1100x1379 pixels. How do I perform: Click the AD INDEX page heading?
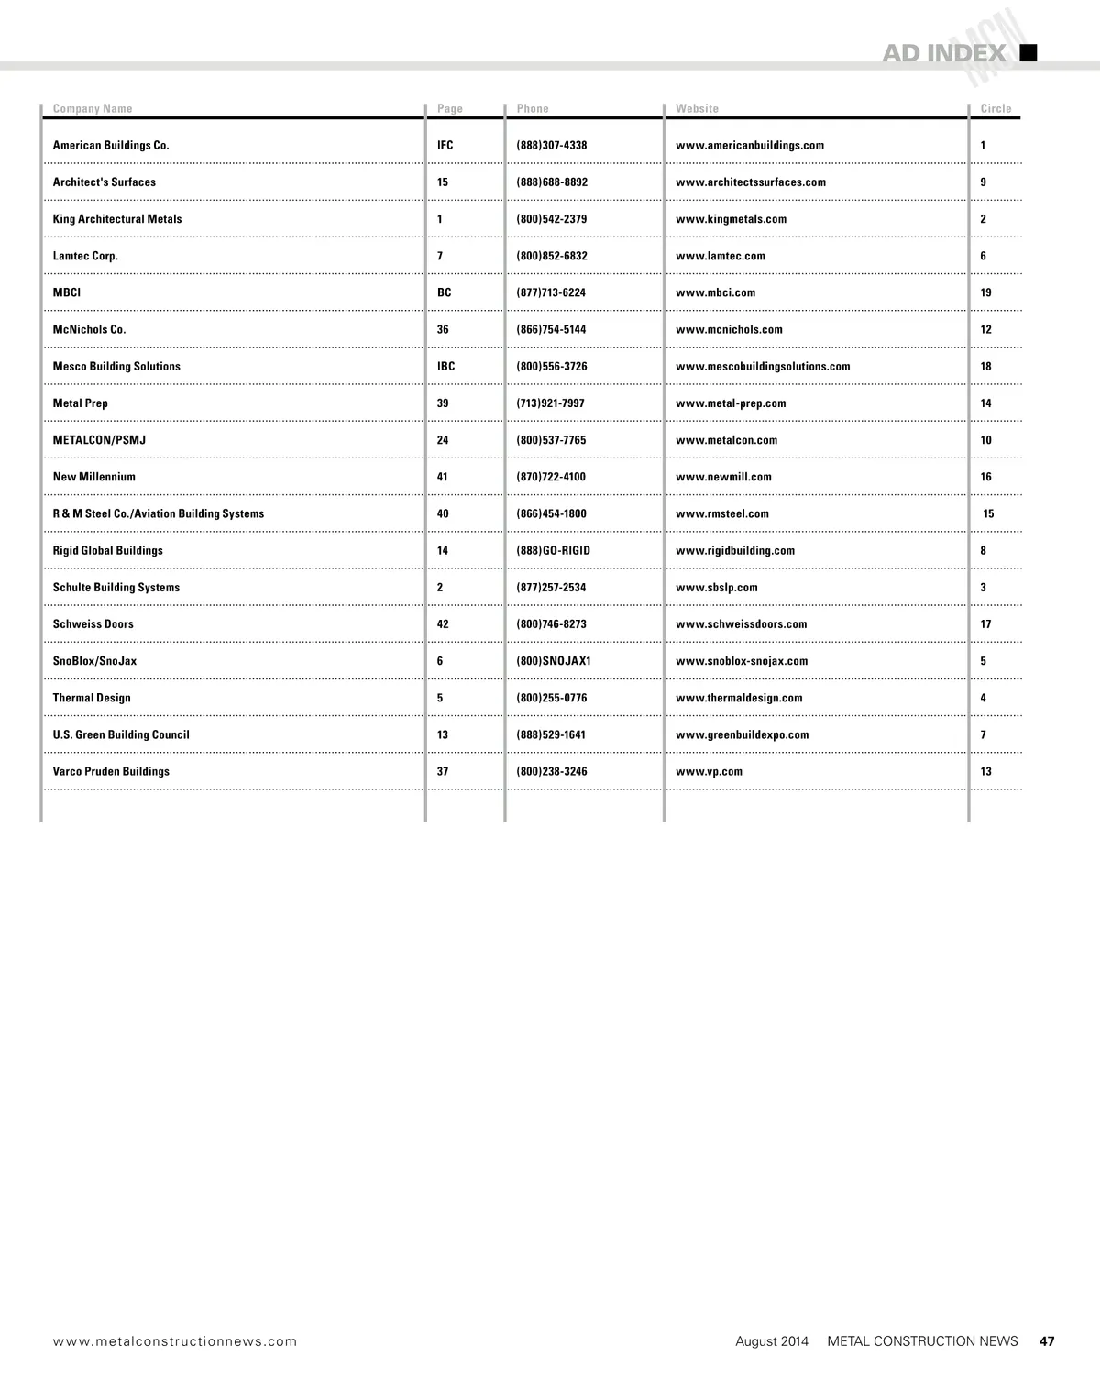tap(943, 53)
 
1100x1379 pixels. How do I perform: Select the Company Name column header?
tap(93, 108)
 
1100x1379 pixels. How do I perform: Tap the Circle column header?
tap(995, 108)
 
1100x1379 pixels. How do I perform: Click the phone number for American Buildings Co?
tap(552, 146)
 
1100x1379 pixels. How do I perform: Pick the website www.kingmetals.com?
tap(731, 219)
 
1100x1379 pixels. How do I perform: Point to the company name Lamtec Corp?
tap(85, 256)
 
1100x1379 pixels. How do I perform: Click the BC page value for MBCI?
tap(444, 292)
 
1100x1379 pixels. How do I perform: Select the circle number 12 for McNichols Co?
tap(985, 329)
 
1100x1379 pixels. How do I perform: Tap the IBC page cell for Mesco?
tap(445, 366)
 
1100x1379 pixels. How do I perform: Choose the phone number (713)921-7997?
tap(550, 403)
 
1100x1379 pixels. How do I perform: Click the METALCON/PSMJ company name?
tap(99, 440)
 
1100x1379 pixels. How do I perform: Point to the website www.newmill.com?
tap(723, 477)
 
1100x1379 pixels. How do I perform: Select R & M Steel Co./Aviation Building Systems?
tap(159, 513)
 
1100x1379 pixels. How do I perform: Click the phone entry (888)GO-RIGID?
tap(553, 550)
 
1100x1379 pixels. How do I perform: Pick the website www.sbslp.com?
tap(716, 588)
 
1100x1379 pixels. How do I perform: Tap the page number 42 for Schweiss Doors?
tap(443, 624)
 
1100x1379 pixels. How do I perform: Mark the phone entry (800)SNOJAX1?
tap(554, 661)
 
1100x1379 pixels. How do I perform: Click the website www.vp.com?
tap(709, 771)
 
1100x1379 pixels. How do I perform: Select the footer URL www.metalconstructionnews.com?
tap(175, 1341)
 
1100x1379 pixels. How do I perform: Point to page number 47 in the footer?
tap(1047, 1341)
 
